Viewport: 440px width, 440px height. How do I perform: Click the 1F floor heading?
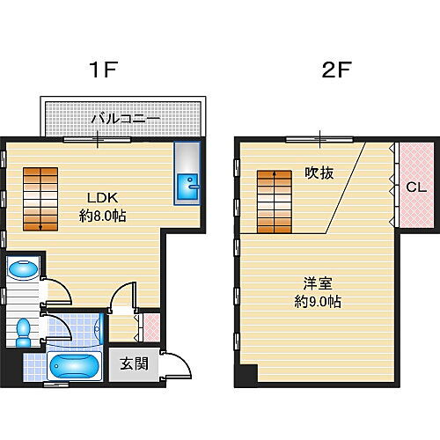coord(103,70)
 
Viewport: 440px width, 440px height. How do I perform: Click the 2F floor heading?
coord(336,70)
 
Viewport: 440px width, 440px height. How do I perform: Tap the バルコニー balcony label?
coord(126,120)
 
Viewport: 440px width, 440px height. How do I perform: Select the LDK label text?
coord(103,198)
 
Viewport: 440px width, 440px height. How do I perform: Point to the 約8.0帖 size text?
coord(103,216)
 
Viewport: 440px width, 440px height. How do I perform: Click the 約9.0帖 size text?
coord(318,302)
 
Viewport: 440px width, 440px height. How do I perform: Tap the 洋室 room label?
coord(318,283)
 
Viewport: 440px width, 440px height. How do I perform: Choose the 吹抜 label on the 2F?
coord(319,173)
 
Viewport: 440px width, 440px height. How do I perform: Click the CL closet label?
coord(416,187)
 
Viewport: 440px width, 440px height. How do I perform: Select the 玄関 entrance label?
coord(134,364)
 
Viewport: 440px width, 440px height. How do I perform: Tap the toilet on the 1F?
coord(23,333)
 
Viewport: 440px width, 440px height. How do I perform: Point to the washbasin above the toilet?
coord(24,268)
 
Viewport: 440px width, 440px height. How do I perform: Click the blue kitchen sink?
coord(187,187)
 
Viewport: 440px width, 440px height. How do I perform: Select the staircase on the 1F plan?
coord(40,199)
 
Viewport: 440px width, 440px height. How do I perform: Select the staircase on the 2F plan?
coord(275,202)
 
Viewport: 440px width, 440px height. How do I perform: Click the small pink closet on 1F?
coord(151,327)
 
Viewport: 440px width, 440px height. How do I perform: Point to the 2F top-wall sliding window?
coord(319,139)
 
